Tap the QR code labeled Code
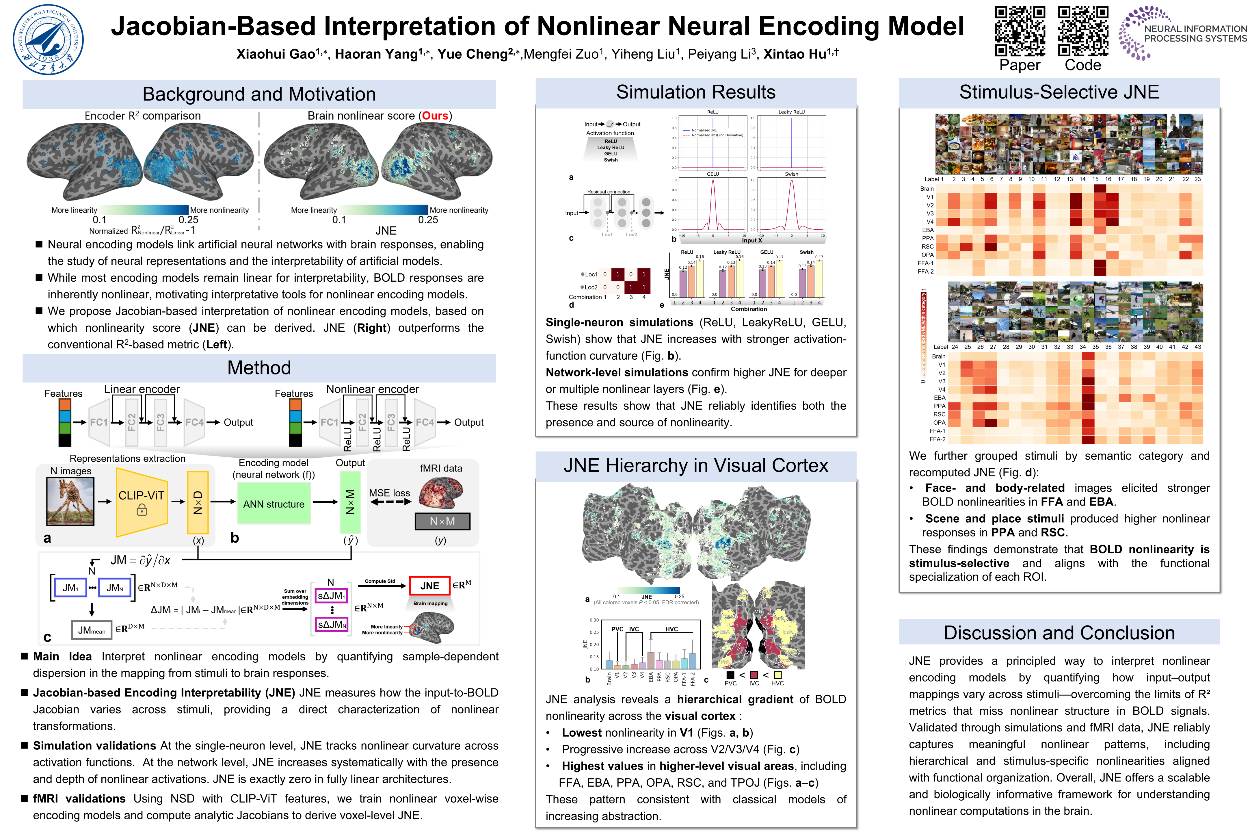pos(1083,31)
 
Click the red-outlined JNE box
pos(429,586)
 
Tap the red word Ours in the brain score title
pos(435,116)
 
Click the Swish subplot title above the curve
pos(791,174)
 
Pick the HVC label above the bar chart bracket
pos(671,629)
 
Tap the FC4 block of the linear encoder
pos(194,422)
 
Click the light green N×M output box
pos(350,502)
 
